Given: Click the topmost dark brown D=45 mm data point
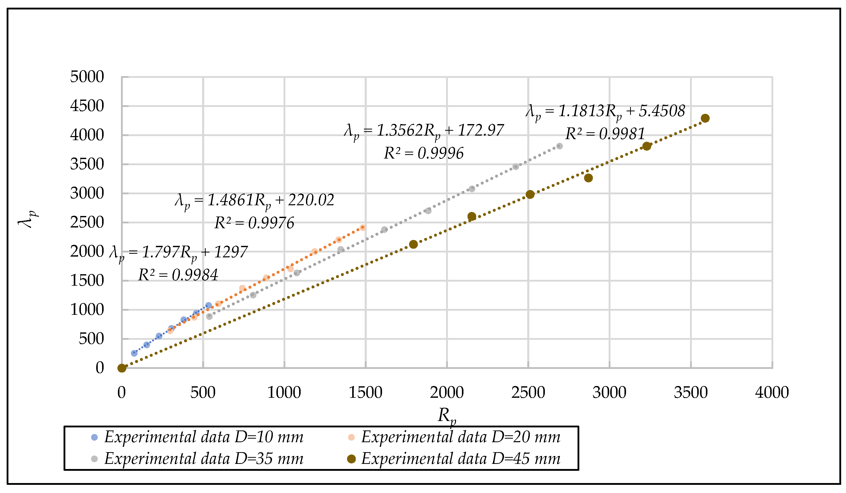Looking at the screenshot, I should pos(705,118).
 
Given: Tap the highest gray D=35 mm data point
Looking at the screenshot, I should pos(559,146).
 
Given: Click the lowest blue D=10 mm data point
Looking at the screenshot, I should pos(134,353).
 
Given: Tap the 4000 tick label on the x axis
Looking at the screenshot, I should pos(771,393).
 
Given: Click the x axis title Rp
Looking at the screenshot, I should pos(447,416).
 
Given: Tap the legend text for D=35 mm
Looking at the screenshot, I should pos(204,459).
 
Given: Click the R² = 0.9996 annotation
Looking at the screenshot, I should pos(423,153).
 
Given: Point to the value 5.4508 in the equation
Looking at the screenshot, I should pos(661,111).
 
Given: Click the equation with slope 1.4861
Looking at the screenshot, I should pos(254,200).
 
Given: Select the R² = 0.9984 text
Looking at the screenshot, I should pos(178,275).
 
